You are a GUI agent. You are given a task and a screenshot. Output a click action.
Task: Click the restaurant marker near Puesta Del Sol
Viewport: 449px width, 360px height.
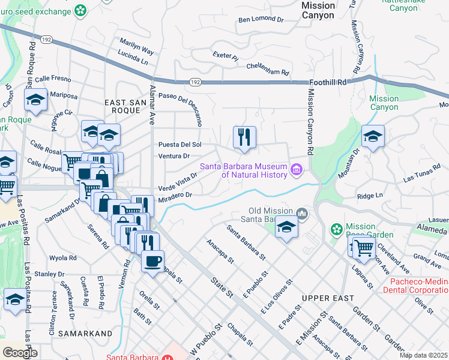pyautogui.click(x=244, y=137)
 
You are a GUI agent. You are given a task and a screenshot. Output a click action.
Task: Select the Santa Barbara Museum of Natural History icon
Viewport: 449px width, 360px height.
pyautogui.click(x=296, y=170)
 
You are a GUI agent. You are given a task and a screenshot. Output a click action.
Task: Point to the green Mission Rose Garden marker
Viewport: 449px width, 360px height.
pyautogui.click(x=336, y=229)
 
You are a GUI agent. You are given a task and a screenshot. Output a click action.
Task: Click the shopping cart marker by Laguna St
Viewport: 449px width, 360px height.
pyautogui.click(x=364, y=247)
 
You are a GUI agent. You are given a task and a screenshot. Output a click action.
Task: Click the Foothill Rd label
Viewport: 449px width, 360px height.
pyautogui.click(x=329, y=82)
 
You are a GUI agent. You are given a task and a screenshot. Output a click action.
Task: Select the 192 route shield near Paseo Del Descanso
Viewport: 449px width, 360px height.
pyautogui.click(x=194, y=81)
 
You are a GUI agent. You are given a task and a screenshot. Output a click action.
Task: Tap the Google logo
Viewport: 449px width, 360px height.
pyautogui.click(x=20, y=352)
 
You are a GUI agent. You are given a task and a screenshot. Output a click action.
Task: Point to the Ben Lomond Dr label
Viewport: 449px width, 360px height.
pyautogui.click(x=261, y=20)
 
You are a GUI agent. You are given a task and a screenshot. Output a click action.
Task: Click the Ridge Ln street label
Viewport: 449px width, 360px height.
pyautogui.click(x=370, y=196)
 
